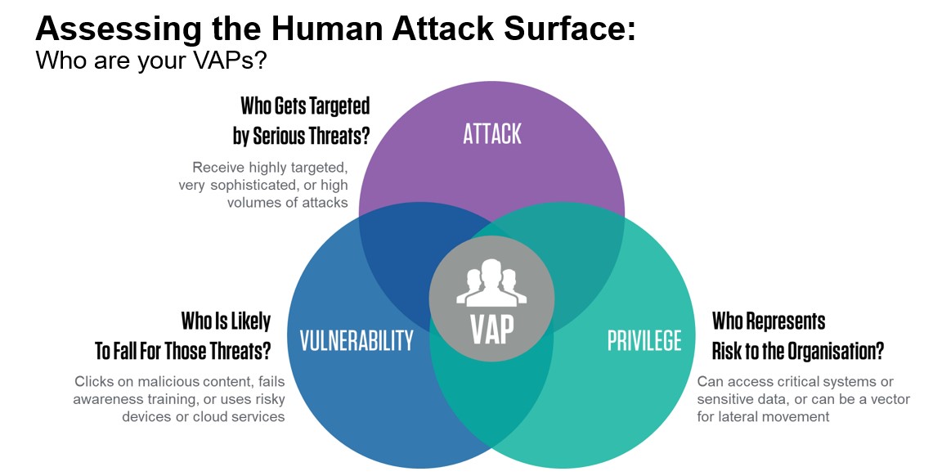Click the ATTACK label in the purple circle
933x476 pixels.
click(x=492, y=134)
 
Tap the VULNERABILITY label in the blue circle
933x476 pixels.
click(x=357, y=340)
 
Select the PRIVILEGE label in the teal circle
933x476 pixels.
click(x=644, y=340)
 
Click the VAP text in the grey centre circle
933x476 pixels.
click(x=492, y=329)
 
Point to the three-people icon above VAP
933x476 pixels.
click(x=491, y=282)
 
